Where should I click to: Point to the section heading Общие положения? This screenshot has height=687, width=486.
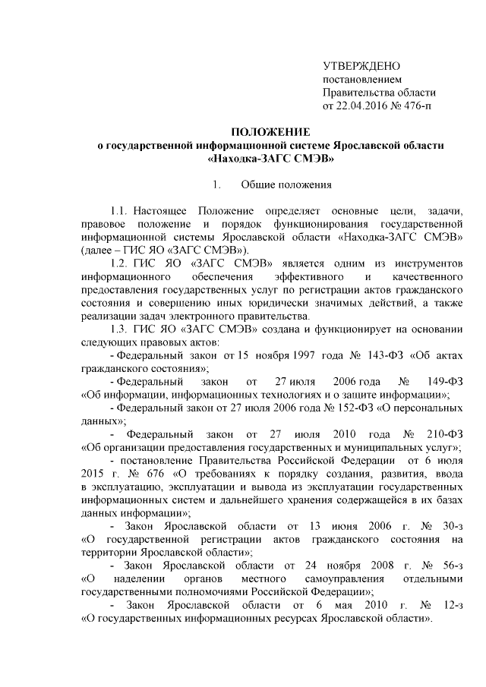coord(286,184)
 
